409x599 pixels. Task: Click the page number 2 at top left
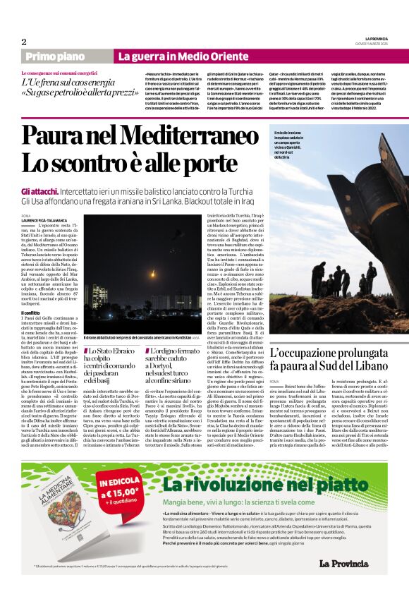[23, 42]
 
